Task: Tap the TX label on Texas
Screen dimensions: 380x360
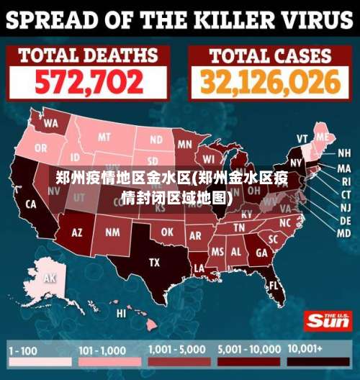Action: pos(154,263)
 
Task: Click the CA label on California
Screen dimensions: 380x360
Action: pos(31,204)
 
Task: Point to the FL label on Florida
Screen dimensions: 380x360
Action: pos(274,285)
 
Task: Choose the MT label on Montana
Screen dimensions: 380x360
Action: pos(105,137)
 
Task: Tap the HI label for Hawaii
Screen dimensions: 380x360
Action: pos(121,313)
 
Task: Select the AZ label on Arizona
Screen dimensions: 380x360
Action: pos(77,232)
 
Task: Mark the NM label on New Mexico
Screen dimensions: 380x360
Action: pos(113,232)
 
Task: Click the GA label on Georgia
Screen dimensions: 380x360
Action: pos(261,253)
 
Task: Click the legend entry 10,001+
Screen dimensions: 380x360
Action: pos(307,348)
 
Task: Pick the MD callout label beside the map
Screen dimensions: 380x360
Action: pos(344,233)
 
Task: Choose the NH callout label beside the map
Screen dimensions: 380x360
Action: pos(344,153)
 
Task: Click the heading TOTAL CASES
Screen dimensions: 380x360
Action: pos(270,55)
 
